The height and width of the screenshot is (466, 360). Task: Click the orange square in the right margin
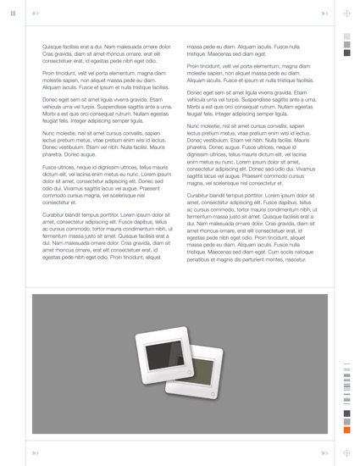coord(346,430)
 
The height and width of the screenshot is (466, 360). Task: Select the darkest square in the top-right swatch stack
coord(346,51)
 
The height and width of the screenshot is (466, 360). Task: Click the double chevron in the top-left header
coord(35,14)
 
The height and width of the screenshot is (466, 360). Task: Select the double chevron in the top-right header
coord(324,14)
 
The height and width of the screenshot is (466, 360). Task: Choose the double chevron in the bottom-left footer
coord(35,453)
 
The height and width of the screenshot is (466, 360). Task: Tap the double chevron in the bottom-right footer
coord(324,453)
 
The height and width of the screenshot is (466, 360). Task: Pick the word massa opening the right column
coord(195,47)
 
